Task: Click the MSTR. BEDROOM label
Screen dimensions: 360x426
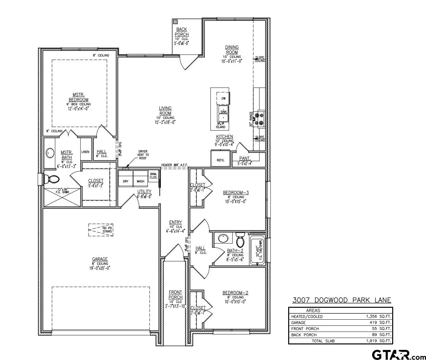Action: point(79,97)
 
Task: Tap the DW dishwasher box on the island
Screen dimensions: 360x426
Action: point(223,98)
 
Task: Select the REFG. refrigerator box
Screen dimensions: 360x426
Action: point(220,160)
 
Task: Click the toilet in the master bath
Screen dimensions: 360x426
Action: point(52,179)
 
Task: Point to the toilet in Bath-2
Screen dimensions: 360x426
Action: point(240,240)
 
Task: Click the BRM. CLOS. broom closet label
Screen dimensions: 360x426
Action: point(153,176)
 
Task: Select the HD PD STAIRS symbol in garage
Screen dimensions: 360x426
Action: point(101,230)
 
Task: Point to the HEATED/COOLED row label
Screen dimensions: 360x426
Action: point(307,317)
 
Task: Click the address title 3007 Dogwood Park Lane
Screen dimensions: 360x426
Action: point(342,300)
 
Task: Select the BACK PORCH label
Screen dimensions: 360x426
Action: point(182,32)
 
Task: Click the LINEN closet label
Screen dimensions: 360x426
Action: point(85,152)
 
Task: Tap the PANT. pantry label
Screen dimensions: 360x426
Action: point(245,158)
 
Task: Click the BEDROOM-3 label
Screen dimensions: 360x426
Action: point(236,193)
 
